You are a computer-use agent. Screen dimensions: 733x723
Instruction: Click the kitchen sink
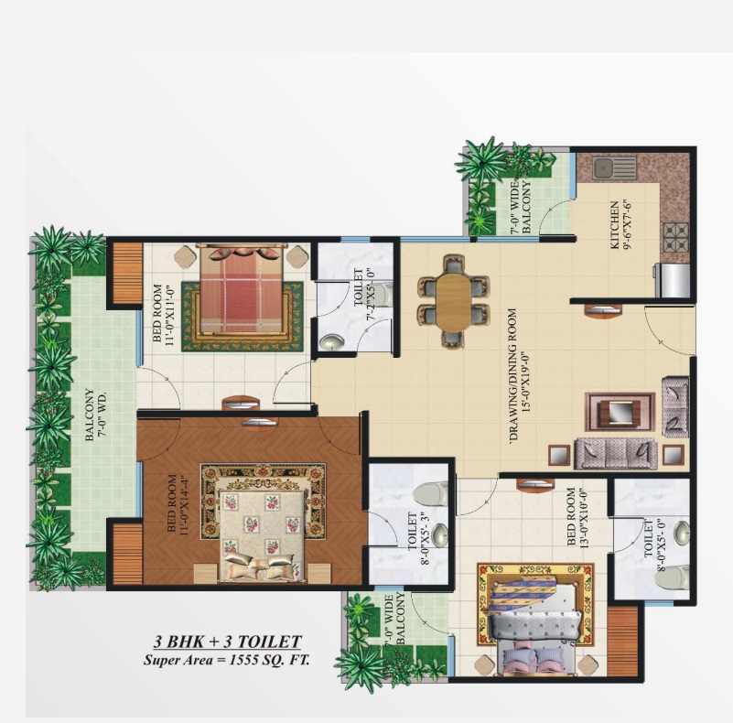pyautogui.click(x=615, y=167)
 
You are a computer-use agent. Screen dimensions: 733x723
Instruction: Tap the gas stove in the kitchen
pyautogui.click(x=676, y=236)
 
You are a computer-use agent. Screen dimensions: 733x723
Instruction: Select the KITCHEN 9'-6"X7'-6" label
pyautogui.click(x=620, y=225)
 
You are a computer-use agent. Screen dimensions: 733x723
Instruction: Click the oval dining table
pyautogui.click(x=454, y=301)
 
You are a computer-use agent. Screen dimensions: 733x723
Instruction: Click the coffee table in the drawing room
pyautogui.click(x=620, y=412)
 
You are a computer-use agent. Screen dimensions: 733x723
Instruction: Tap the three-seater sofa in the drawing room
pyautogui.click(x=616, y=454)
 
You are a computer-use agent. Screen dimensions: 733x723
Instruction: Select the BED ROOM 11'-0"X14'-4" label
pyautogui.click(x=178, y=503)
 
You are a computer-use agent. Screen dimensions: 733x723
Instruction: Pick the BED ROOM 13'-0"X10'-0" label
pyautogui.click(x=577, y=517)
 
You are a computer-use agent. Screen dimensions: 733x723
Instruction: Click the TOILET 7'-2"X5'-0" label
pyautogui.click(x=363, y=294)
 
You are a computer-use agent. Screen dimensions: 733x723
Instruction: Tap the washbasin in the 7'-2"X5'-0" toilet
pyautogui.click(x=331, y=342)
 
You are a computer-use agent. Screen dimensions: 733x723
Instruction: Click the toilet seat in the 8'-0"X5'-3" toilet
pyautogui.click(x=430, y=493)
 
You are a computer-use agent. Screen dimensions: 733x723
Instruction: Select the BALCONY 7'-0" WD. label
pyautogui.click(x=95, y=415)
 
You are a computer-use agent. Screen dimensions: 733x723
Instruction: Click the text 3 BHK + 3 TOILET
pyautogui.click(x=228, y=642)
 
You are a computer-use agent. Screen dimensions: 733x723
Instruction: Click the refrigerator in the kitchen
pyautogui.click(x=674, y=280)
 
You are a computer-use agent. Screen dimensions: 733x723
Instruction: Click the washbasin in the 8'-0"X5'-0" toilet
pyautogui.click(x=682, y=533)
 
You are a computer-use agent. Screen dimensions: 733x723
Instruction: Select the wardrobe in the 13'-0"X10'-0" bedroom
pyautogui.click(x=623, y=641)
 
